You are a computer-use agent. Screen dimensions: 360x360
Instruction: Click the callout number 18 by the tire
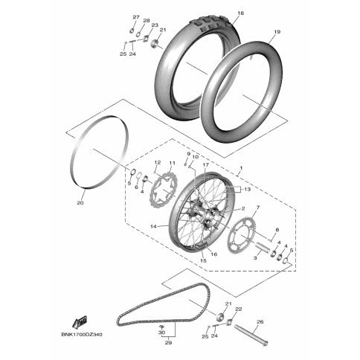coord(240,13)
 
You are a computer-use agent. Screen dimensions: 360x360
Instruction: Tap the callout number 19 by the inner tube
coord(277,32)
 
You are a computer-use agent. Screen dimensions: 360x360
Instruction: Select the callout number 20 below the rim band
coord(80,203)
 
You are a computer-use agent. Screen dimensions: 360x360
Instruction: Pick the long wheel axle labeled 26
coord(251,335)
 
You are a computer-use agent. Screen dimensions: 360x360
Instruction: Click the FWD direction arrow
coord(80,322)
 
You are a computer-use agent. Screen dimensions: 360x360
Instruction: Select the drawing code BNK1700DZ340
coord(82,335)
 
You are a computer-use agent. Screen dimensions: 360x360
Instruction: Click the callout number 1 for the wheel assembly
coord(241,168)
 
